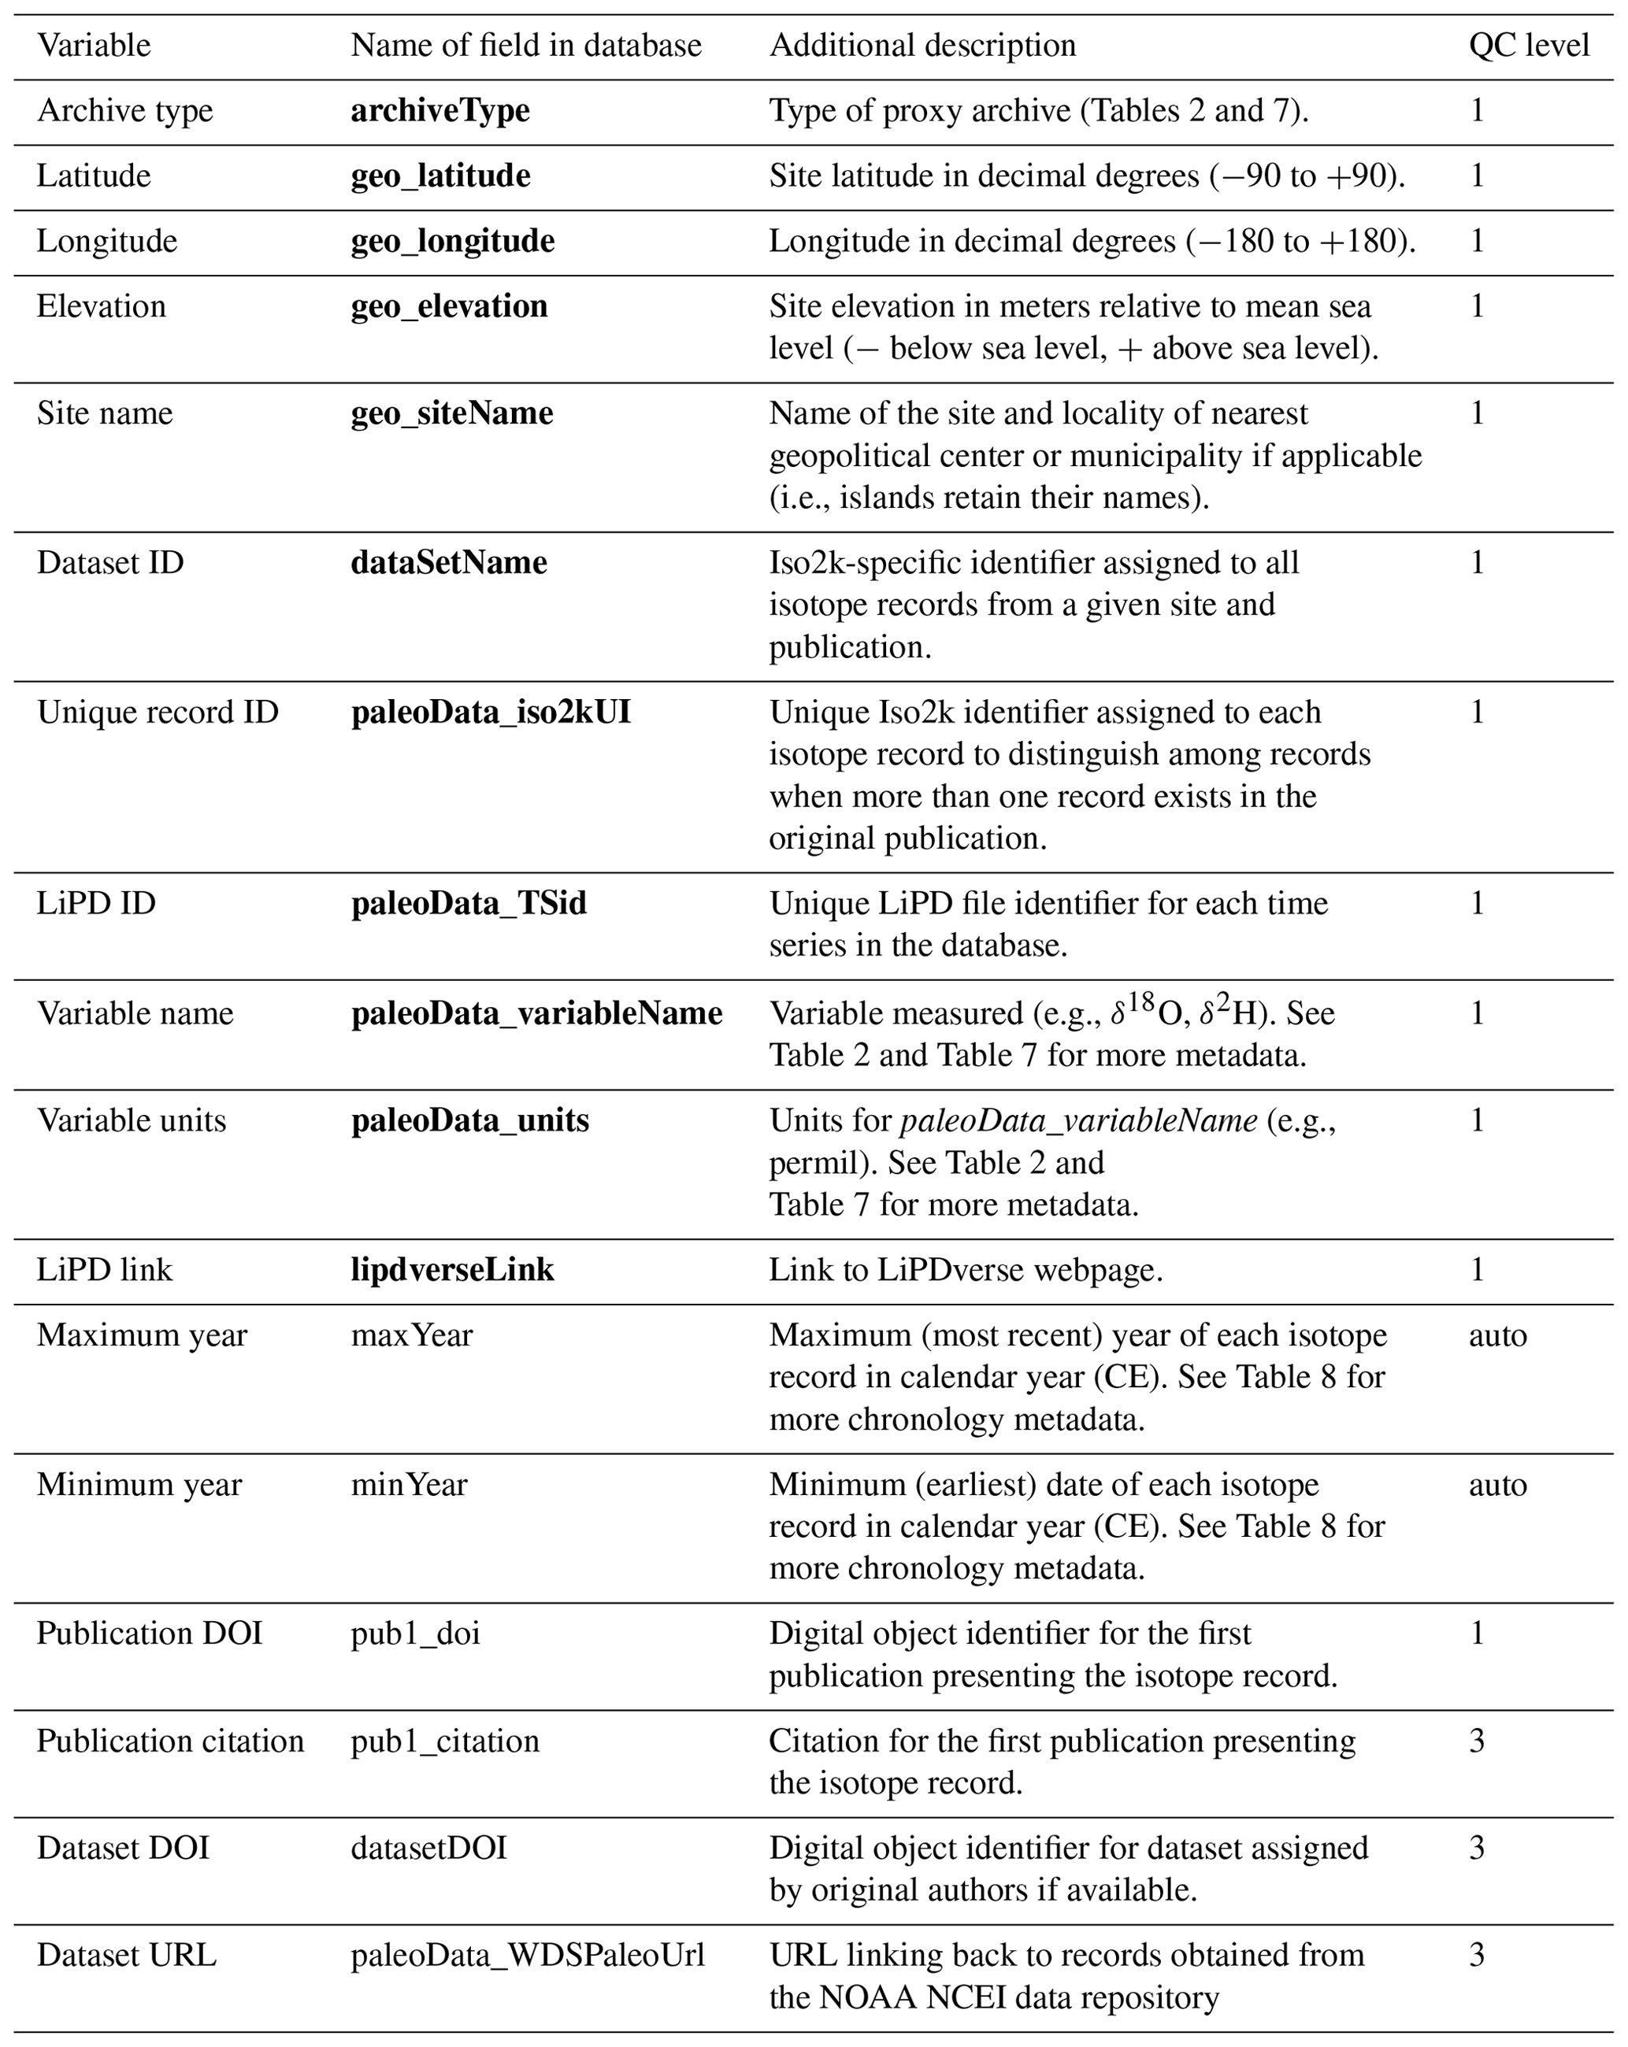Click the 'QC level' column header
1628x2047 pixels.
pyautogui.click(x=1528, y=46)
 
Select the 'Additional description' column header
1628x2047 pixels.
pyautogui.click(x=922, y=46)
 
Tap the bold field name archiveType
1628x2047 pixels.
pyautogui.click(x=439, y=111)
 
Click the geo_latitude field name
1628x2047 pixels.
pyautogui.click(x=439, y=176)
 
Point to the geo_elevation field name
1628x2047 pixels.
pyautogui.click(x=448, y=307)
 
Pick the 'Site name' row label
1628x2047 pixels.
pyautogui.click(x=105, y=414)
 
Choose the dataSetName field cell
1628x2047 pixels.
pyautogui.click(x=448, y=563)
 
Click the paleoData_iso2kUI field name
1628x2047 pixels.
pyautogui.click(x=490, y=713)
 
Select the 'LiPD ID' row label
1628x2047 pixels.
pyautogui.click(x=96, y=904)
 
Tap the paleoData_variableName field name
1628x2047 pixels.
pyautogui.click(x=536, y=1014)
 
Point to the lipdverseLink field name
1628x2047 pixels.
pyautogui.click(x=452, y=1271)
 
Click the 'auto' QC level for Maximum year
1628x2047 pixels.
pyautogui.click(x=1497, y=1336)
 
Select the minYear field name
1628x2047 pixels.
pyautogui.click(x=409, y=1485)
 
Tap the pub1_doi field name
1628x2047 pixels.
pyautogui.click(x=415, y=1634)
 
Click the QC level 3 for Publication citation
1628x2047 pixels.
pyautogui.click(x=1477, y=1742)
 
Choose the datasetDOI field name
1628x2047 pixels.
pyautogui.click(x=428, y=1849)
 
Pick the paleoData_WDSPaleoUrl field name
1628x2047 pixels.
pyautogui.click(x=527, y=1956)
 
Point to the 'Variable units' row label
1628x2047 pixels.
pyautogui.click(x=131, y=1121)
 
